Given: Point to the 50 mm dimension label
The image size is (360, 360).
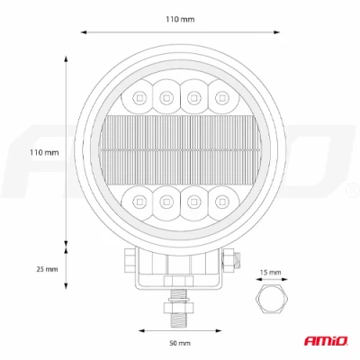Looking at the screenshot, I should coord(179,343).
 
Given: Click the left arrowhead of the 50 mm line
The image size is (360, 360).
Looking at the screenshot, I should coord(137,329).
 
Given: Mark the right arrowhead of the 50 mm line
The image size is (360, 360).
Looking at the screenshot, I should coord(222,329).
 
